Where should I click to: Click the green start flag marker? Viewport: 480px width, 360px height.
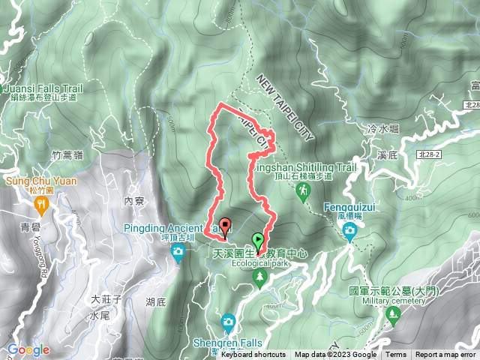pyautogui.click(x=259, y=241)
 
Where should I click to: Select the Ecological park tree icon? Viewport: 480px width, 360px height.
pyautogui.click(x=259, y=278)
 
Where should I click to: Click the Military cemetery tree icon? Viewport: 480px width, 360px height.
pyautogui.click(x=391, y=313)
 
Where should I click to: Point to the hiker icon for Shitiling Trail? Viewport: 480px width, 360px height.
pyautogui.click(x=302, y=192)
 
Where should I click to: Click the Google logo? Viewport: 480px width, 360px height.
pyautogui.click(x=28, y=349)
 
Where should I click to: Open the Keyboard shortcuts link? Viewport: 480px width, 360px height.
pyautogui.click(x=253, y=355)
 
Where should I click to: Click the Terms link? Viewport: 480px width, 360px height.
pyautogui.click(x=396, y=355)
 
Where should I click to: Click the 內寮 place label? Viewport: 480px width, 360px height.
pyautogui.click(x=134, y=201)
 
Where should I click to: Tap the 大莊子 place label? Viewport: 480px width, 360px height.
pyautogui.click(x=106, y=299)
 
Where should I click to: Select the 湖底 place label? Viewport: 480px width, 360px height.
pyautogui.click(x=156, y=302)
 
